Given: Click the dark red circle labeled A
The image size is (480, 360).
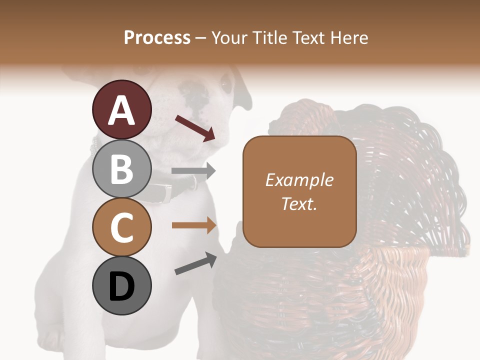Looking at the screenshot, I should [x=121, y=109].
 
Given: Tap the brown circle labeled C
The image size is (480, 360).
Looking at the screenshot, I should [x=121, y=227].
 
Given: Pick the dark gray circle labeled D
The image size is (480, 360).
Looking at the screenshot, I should [x=121, y=285].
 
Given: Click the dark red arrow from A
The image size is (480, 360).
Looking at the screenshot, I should [x=195, y=128].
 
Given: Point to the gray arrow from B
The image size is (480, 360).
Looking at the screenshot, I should [x=193, y=171].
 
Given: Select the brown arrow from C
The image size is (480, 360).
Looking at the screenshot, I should [x=194, y=225].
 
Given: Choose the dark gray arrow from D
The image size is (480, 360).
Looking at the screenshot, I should [x=195, y=263].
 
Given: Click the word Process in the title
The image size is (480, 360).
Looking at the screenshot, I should [x=157, y=37].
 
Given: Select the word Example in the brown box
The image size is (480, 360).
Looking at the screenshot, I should [x=299, y=180].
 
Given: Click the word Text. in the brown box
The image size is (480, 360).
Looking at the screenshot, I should [x=299, y=203].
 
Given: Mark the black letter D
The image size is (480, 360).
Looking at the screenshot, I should [x=121, y=286].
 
